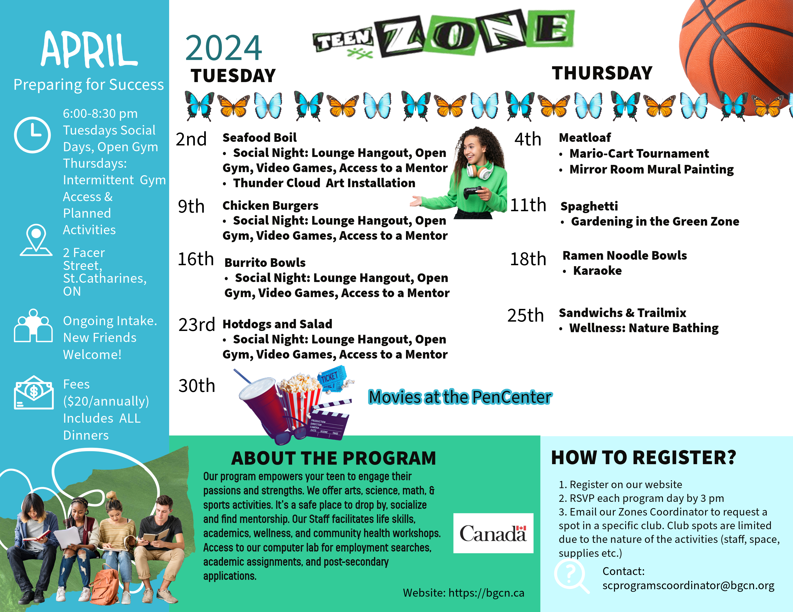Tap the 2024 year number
coord(223,48)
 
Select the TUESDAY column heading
coord(233,76)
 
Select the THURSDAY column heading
coord(602,73)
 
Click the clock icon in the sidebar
coord(32,135)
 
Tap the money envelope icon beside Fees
coord(34,393)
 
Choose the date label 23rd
coord(197,325)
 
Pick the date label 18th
coord(528,259)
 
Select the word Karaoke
coord(597,271)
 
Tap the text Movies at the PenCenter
coord(460,397)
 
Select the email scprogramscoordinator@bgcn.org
coord(688,586)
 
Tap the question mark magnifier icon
coord(570,575)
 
